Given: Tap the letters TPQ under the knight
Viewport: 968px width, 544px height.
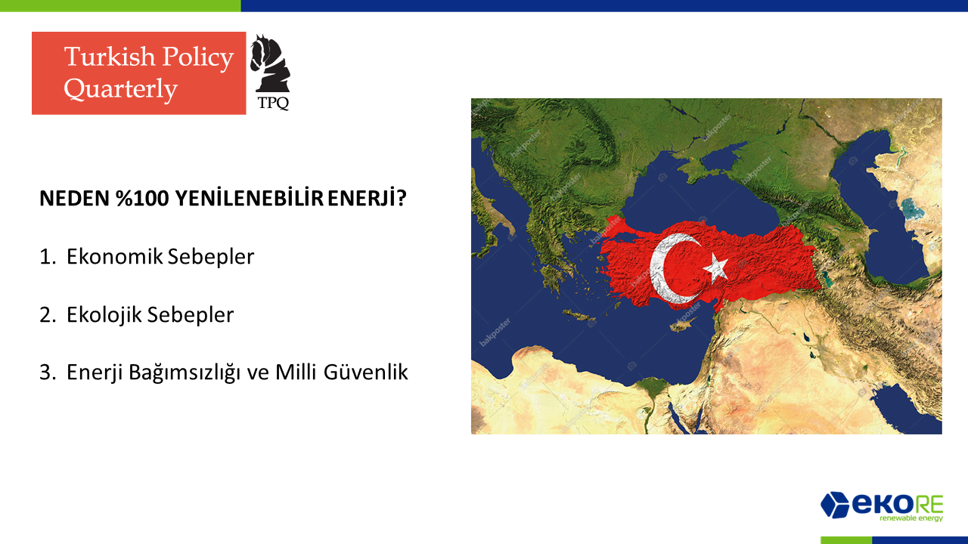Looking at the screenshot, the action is click(x=273, y=104).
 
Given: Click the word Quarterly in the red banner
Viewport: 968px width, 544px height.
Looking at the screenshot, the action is click(x=121, y=89).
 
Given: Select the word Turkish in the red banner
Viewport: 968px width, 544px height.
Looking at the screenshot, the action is click(x=110, y=57).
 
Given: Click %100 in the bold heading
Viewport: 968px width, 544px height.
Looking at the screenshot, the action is click(x=142, y=199).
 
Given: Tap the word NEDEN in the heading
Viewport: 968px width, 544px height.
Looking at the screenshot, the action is click(x=74, y=199).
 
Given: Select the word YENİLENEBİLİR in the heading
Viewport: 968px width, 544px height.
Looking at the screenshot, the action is click(x=249, y=198).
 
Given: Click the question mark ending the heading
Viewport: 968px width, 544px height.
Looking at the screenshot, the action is click(x=402, y=198).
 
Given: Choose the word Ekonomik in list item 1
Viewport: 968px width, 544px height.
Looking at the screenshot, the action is click(x=114, y=256).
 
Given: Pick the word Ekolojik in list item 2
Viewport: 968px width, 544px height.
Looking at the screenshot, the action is click(x=104, y=315).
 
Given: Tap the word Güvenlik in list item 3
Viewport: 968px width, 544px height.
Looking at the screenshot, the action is click(x=365, y=372).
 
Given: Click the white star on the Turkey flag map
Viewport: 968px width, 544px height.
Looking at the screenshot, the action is click(x=715, y=267).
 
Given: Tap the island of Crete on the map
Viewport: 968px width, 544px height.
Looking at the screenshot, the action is click(x=579, y=316).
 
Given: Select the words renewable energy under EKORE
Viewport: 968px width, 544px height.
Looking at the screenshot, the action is click(x=911, y=518).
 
